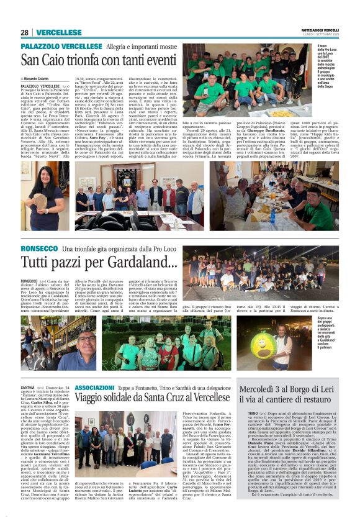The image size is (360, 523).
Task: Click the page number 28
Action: pos(24,32)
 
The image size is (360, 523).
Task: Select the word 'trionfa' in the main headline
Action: pos(83,61)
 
